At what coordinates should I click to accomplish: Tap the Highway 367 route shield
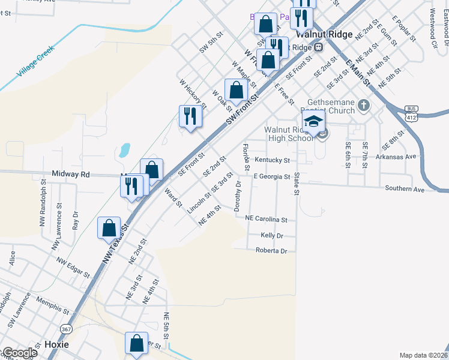click(x=66, y=329)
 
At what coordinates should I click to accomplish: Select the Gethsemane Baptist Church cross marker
click(x=363, y=107)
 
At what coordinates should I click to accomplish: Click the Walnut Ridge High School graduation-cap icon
click(x=313, y=123)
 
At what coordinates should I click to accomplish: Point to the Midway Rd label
click(x=72, y=174)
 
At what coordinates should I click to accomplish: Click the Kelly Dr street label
click(x=272, y=236)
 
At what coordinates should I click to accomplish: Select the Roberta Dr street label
click(x=271, y=250)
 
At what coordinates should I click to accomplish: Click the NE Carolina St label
click(x=271, y=220)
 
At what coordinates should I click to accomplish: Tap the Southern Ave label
click(x=405, y=189)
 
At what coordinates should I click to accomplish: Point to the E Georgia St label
click(x=271, y=176)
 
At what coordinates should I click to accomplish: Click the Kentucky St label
click(x=272, y=161)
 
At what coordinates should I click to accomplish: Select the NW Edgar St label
click(x=73, y=268)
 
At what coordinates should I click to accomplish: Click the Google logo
click(x=19, y=353)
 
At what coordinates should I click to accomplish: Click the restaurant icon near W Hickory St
click(x=190, y=116)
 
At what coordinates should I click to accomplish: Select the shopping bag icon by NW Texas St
click(x=109, y=229)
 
